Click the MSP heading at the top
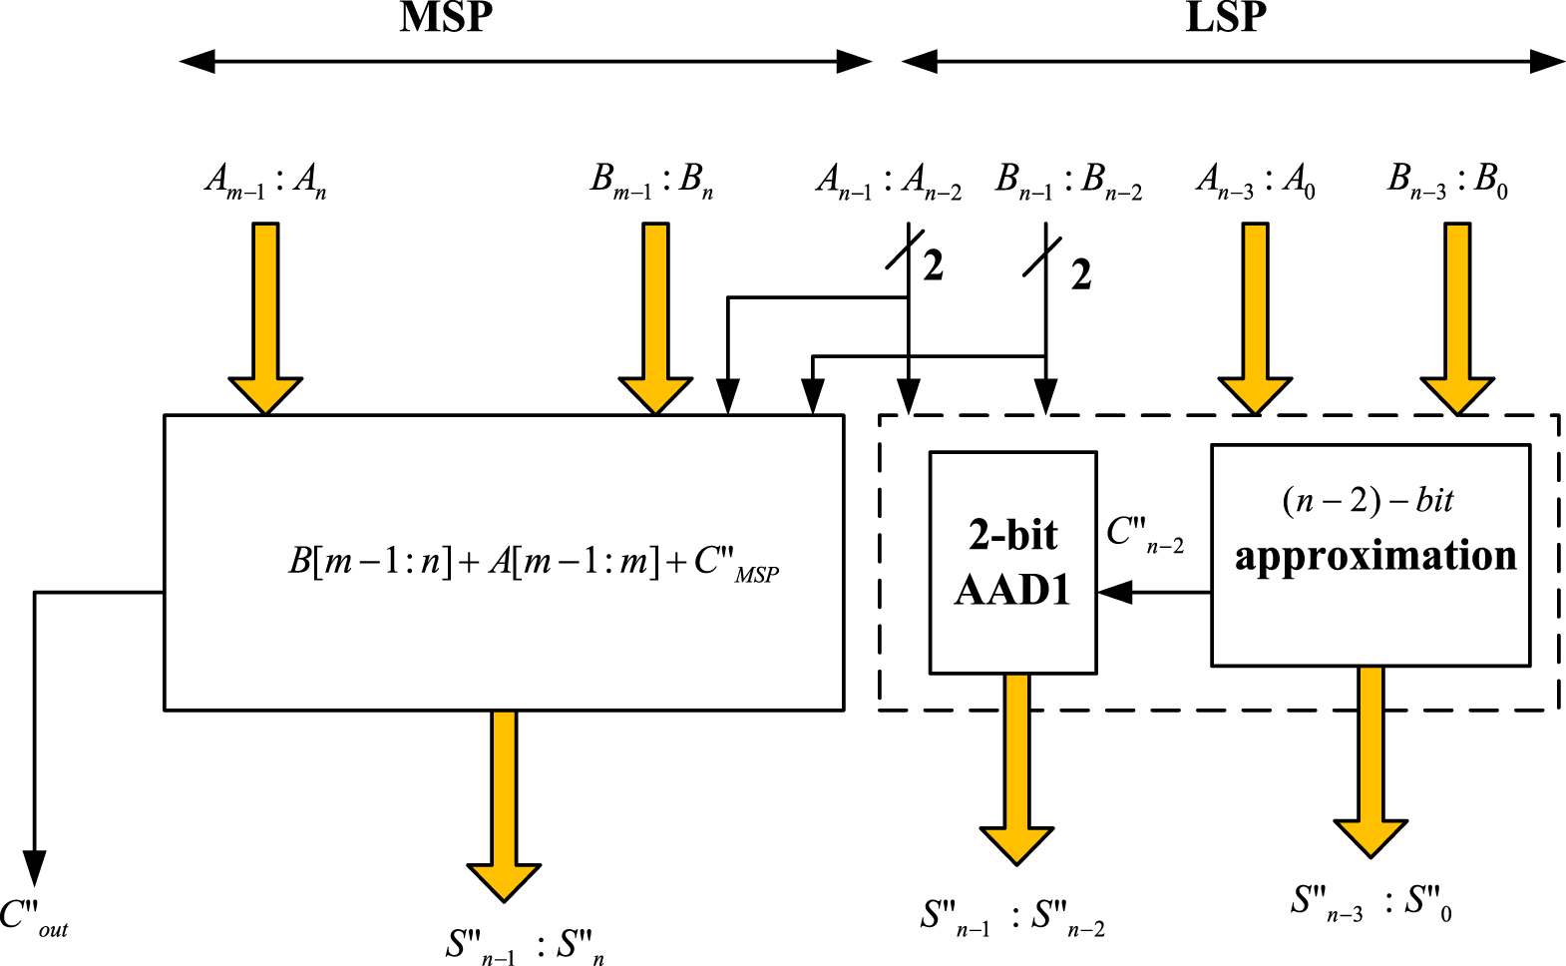pyautogui.click(x=446, y=18)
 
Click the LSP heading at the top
pyautogui.click(x=1226, y=18)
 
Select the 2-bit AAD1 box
pyautogui.click(x=1012, y=563)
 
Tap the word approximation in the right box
pyautogui.click(x=1375, y=556)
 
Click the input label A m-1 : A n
pyautogui.click(x=265, y=182)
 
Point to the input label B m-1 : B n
pyautogui.click(x=651, y=182)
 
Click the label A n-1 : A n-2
pyautogui.click(x=889, y=183)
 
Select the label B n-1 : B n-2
pyautogui.click(x=1068, y=183)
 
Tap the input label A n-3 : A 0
pyautogui.click(x=1256, y=183)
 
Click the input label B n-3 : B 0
pyautogui.click(x=1447, y=183)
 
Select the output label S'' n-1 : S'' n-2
pyautogui.click(x=1012, y=918)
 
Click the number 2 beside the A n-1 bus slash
pyautogui.click(x=933, y=266)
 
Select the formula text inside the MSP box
pyautogui.click(x=534, y=563)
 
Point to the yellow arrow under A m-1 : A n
pyautogui.click(x=265, y=314)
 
